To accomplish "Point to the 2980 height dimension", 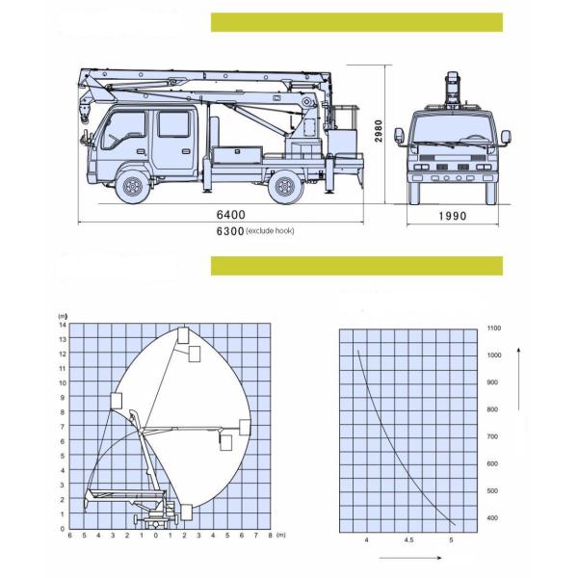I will tap(381, 131).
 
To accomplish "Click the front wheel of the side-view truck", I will tap(133, 186).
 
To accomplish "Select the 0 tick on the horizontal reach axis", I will tap(156, 535).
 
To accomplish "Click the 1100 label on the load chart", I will tap(495, 328).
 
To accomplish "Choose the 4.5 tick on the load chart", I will tap(408, 539).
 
